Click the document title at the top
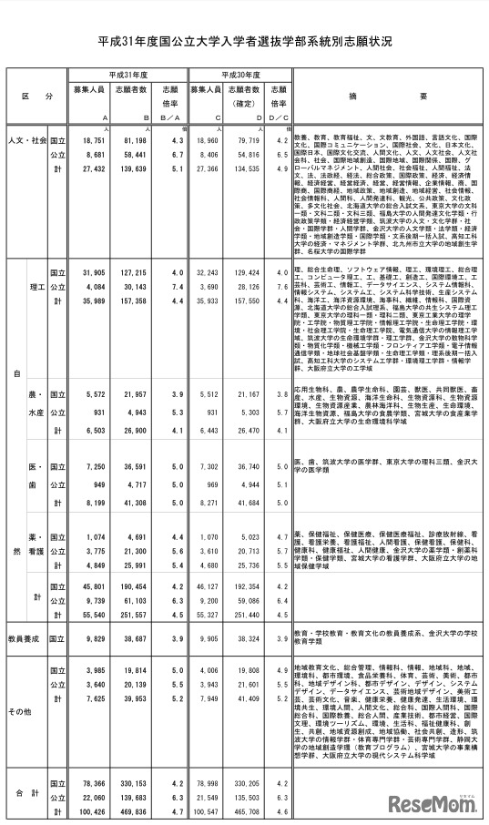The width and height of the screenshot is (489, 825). (x=244, y=43)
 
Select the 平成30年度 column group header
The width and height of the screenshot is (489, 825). (x=239, y=75)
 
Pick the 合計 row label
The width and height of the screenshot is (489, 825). (x=25, y=794)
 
